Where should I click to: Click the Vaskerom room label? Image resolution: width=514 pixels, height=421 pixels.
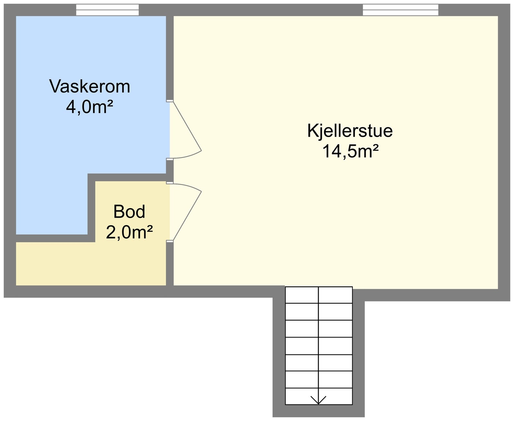point(90,86)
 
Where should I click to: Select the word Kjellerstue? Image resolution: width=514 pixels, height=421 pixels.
point(350,131)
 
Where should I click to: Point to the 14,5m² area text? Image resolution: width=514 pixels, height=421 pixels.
point(350,151)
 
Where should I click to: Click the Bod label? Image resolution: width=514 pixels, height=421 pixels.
point(129,212)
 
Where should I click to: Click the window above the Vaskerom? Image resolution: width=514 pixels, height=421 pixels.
point(107,10)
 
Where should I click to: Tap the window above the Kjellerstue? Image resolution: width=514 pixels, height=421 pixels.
point(400,10)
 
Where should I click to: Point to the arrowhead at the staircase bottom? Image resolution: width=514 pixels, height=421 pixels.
point(318,401)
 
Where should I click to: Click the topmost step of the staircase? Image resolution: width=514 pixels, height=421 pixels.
point(319,295)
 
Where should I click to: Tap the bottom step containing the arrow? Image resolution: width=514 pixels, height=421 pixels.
point(319,396)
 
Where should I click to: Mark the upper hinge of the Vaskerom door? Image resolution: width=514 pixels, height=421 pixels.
point(169,101)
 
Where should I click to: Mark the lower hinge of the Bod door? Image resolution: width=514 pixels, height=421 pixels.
point(169,241)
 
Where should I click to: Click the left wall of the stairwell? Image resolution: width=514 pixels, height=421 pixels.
point(279,353)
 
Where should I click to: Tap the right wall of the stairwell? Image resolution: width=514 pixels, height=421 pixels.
point(359,353)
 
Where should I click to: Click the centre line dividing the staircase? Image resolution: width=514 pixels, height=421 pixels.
point(319,344)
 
